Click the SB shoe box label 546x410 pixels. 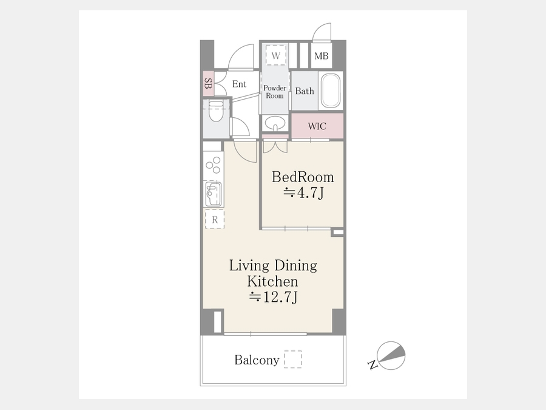(208, 83)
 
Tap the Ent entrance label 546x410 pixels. (239, 84)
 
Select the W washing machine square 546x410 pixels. (276, 55)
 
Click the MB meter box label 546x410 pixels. (321, 56)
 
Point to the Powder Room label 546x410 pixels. (275, 92)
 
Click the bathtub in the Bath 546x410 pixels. (330, 91)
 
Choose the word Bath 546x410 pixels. (305, 91)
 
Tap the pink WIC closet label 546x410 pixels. (317, 126)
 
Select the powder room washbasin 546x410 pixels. (275, 123)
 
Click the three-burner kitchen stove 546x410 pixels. (213, 165)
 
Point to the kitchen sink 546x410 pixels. (213, 194)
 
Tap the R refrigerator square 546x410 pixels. (215, 219)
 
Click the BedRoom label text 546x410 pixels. (303, 177)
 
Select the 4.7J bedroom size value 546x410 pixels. (304, 193)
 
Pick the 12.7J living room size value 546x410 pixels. (274, 297)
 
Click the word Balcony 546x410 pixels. (257, 360)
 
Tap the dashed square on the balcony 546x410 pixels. (292, 359)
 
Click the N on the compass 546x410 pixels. (372, 365)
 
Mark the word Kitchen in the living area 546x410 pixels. (272, 281)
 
